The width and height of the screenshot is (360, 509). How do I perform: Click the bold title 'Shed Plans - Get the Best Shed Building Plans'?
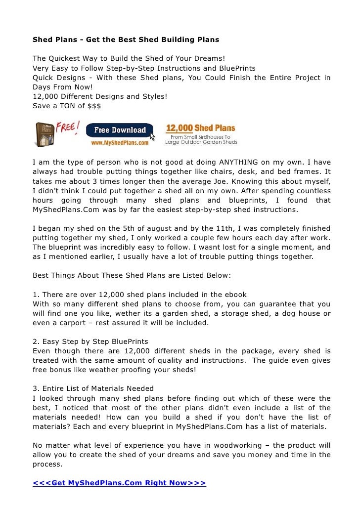(x=126, y=39)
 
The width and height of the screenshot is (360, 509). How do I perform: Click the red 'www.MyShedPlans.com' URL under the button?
(x=120, y=142)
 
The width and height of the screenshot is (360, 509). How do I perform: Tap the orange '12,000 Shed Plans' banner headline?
(x=200, y=128)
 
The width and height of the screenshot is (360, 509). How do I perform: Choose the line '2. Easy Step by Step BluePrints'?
(x=90, y=341)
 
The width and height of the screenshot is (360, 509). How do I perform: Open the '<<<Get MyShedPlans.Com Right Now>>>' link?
(x=119, y=483)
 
